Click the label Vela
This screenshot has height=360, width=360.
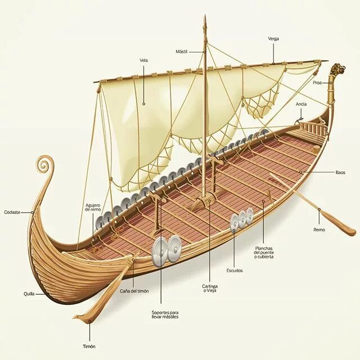(144, 60)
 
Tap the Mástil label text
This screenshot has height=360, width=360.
(181, 51)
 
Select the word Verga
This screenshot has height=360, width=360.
(273, 39)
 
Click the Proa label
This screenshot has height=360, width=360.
(318, 83)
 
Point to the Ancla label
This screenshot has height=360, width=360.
(301, 104)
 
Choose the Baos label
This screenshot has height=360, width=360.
(340, 172)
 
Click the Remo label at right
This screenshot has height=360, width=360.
(319, 229)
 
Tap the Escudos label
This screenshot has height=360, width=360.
(235, 271)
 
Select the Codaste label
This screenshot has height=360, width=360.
(12, 212)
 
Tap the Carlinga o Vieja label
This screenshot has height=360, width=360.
(210, 289)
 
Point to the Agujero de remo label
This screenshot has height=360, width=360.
(93, 207)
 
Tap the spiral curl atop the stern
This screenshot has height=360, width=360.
(43, 165)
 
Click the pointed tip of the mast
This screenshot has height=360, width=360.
(205, 19)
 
